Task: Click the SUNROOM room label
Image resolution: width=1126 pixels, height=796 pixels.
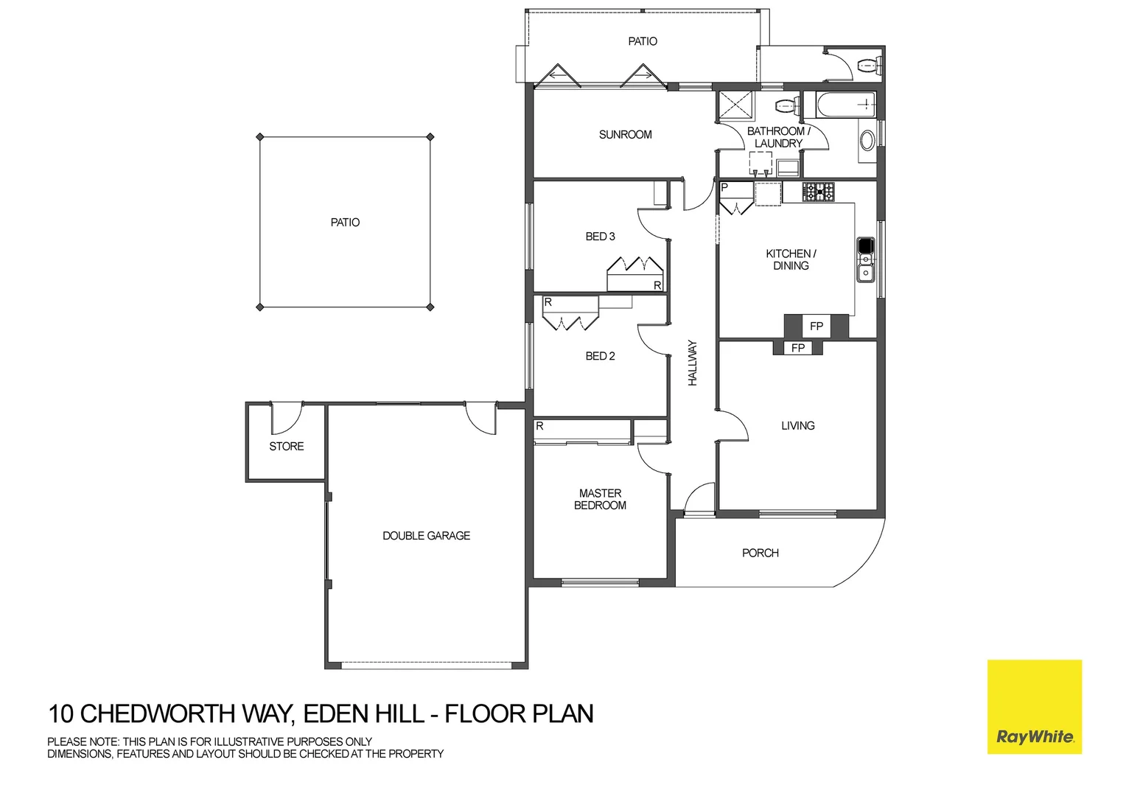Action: [625, 135]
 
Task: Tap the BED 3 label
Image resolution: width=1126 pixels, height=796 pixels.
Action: [600, 237]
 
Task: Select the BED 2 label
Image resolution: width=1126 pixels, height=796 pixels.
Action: [600, 356]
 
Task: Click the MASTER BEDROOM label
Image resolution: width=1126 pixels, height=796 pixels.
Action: [600, 500]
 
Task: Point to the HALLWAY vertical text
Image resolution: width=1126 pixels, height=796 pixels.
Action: [693, 363]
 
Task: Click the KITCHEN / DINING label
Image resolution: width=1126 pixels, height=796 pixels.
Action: [791, 259]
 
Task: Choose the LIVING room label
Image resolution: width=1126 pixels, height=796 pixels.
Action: [797, 426]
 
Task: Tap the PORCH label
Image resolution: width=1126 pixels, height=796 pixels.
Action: [760, 553]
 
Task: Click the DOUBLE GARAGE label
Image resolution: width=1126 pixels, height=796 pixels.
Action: [426, 536]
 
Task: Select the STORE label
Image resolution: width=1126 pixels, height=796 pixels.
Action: [286, 447]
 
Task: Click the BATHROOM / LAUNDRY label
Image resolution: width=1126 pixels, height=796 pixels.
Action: [778, 137]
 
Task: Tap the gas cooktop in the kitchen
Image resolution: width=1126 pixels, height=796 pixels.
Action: [818, 192]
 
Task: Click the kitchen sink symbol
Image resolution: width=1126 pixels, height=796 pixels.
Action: [865, 259]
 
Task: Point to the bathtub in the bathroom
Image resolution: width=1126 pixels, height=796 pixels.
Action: [839, 105]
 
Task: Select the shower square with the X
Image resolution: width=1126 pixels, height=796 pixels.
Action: [735, 105]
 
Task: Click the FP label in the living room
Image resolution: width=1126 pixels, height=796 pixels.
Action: [797, 348]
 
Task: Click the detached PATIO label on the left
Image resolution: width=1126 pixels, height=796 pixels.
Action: [345, 223]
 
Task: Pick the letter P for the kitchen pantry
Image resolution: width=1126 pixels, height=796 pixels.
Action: [724, 188]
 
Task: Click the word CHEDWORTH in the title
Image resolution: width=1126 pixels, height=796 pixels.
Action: [187, 714]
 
